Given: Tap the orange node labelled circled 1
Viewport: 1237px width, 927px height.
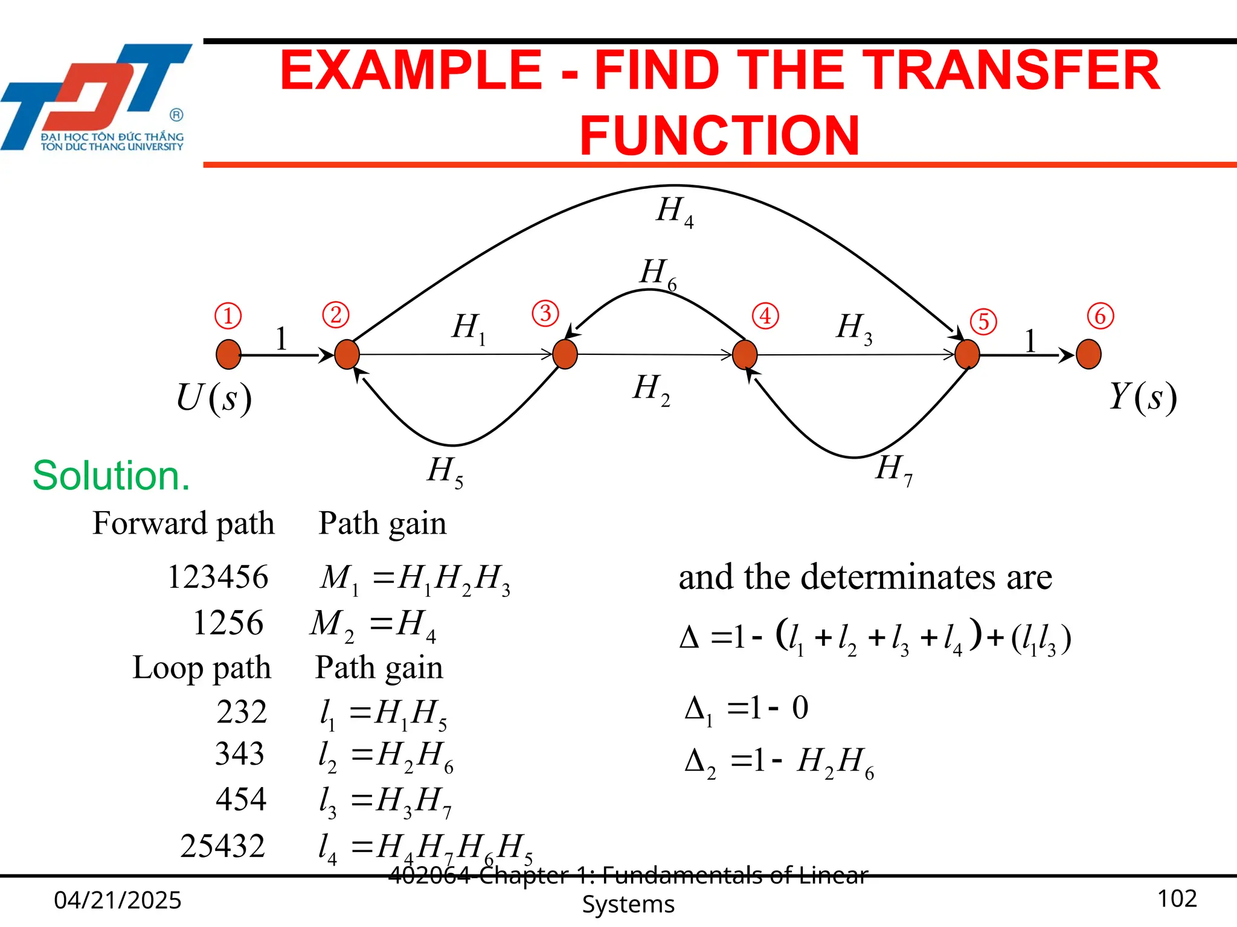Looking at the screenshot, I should coord(228,354).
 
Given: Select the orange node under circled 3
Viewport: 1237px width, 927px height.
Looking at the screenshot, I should coord(565,354).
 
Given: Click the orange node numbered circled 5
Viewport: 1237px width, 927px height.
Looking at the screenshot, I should coord(967,354).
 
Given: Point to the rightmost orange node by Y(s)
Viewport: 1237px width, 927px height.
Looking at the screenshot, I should coord(1088,354).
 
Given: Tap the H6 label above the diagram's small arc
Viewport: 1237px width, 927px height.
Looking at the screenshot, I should coord(658,273).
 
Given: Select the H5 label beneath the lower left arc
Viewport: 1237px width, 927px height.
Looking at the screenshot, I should coord(445,471).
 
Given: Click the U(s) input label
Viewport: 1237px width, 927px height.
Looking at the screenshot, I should coord(214,399).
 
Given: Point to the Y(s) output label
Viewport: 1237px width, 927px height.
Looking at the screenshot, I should coord(1143,398).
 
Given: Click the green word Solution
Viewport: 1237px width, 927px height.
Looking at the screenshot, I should coord(111,476).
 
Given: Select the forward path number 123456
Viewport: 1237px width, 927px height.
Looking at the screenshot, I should coord(217,576).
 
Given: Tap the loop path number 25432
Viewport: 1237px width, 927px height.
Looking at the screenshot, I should coord(222,846).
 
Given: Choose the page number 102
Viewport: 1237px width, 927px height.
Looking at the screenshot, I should coord(1177,899).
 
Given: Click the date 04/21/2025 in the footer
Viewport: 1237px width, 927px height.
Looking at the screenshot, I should coord(118,900).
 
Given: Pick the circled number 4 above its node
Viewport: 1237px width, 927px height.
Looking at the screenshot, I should coord(765,316).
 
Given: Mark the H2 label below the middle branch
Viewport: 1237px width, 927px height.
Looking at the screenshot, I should coord(651,389).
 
